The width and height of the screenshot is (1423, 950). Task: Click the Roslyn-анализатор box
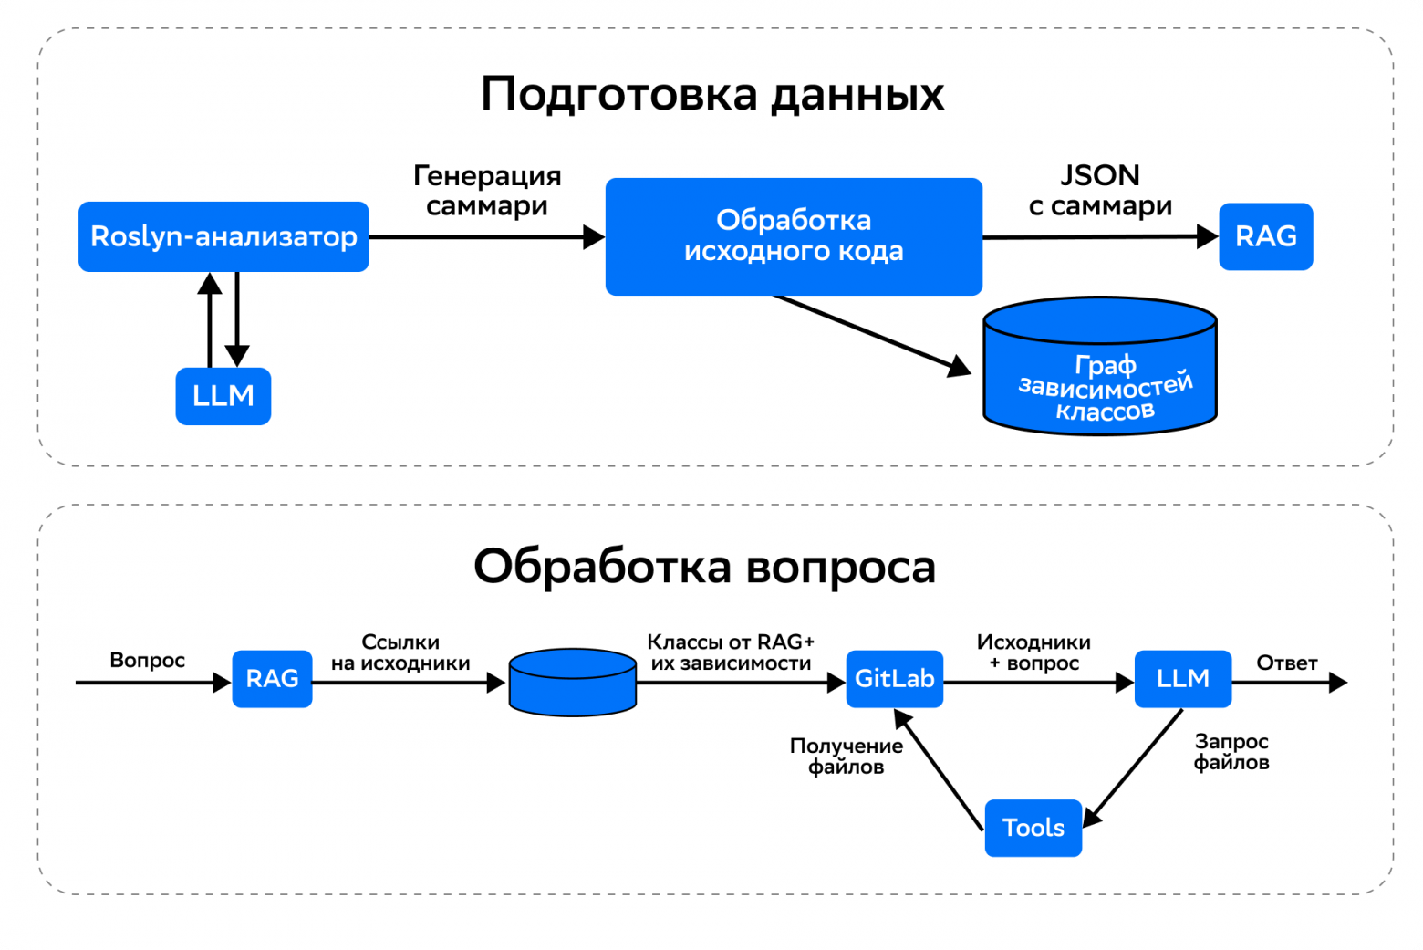point(223,236)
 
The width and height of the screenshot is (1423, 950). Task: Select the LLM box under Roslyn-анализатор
point(223,396)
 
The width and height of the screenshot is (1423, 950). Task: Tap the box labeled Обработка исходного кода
point(794,236)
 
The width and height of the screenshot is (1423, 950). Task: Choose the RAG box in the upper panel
point(1265,236)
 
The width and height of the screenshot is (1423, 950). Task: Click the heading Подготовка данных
point(711,94)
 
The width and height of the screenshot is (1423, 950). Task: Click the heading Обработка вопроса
point(704,567)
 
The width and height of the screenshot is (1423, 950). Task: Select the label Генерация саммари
point(487,191)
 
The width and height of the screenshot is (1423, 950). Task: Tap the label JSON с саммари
point(1100,191)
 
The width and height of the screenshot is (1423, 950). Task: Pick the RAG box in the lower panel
point(272,679)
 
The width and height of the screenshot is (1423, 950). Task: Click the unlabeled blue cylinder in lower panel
point(572,683)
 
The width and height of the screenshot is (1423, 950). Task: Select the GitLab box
point(894,679)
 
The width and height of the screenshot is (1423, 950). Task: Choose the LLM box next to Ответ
point(1182,679)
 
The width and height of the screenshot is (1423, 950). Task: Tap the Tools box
point(1033,828)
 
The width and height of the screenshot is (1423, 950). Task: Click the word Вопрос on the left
point(147,661)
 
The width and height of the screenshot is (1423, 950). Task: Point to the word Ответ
point(1286,663)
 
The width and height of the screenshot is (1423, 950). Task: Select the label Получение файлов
point(846,757)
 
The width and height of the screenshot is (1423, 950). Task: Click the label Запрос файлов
point(1231,752)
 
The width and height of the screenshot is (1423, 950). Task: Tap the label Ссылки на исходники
point(400,653)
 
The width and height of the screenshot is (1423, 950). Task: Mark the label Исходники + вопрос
point(1033,653)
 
